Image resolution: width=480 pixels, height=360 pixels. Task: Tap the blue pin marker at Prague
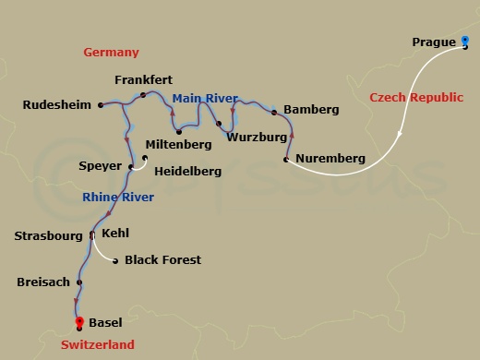pos(465,41)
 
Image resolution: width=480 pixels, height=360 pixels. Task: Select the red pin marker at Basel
pos(78,322)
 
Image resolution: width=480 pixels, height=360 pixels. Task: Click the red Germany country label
pos(110,54)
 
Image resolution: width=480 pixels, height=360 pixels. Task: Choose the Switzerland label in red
pos(98,344)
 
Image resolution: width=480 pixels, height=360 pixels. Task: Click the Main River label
pos(205,98)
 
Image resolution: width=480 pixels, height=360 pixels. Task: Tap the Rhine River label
pos(118,197)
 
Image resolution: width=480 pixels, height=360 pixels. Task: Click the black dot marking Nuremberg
pos(286,160)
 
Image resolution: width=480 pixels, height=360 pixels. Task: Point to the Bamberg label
pos(311,110)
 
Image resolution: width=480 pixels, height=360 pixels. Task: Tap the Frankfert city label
pos(143,80)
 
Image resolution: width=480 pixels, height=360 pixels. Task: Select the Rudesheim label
pos(57,104)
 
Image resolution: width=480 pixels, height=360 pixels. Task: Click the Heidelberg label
pos(187,173)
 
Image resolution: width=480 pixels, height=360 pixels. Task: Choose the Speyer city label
pos(100,165)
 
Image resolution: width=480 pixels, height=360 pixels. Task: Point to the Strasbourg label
pos(49,235)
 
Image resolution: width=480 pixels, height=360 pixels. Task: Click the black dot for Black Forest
pos(115,261)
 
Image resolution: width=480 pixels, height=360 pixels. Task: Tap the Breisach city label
pos(43,282)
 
